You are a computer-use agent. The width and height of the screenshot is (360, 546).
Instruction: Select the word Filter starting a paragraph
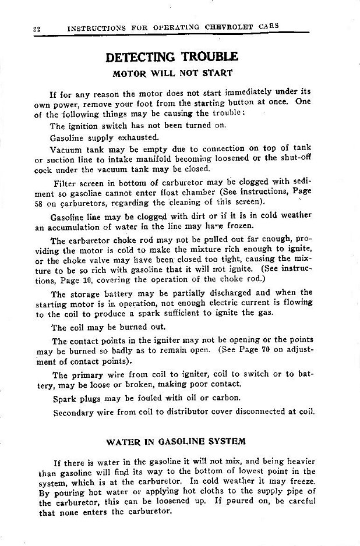[65, 182]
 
